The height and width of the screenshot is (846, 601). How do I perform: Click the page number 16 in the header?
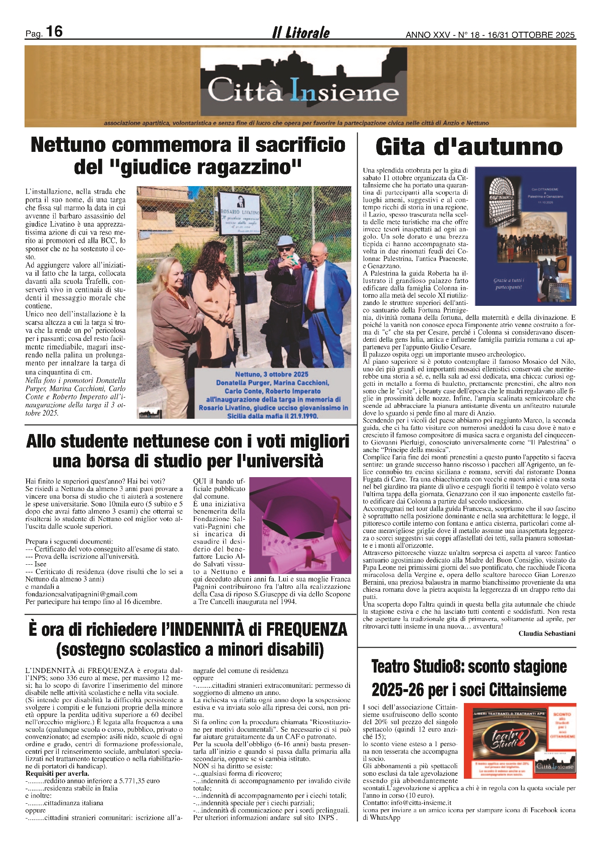54,32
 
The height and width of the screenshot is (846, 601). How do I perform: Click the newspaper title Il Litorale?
301,33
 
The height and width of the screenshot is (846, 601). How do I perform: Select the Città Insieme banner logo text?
303,90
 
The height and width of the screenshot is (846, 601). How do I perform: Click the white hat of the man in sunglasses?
286,241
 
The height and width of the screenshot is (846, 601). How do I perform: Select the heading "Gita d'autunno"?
469,147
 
